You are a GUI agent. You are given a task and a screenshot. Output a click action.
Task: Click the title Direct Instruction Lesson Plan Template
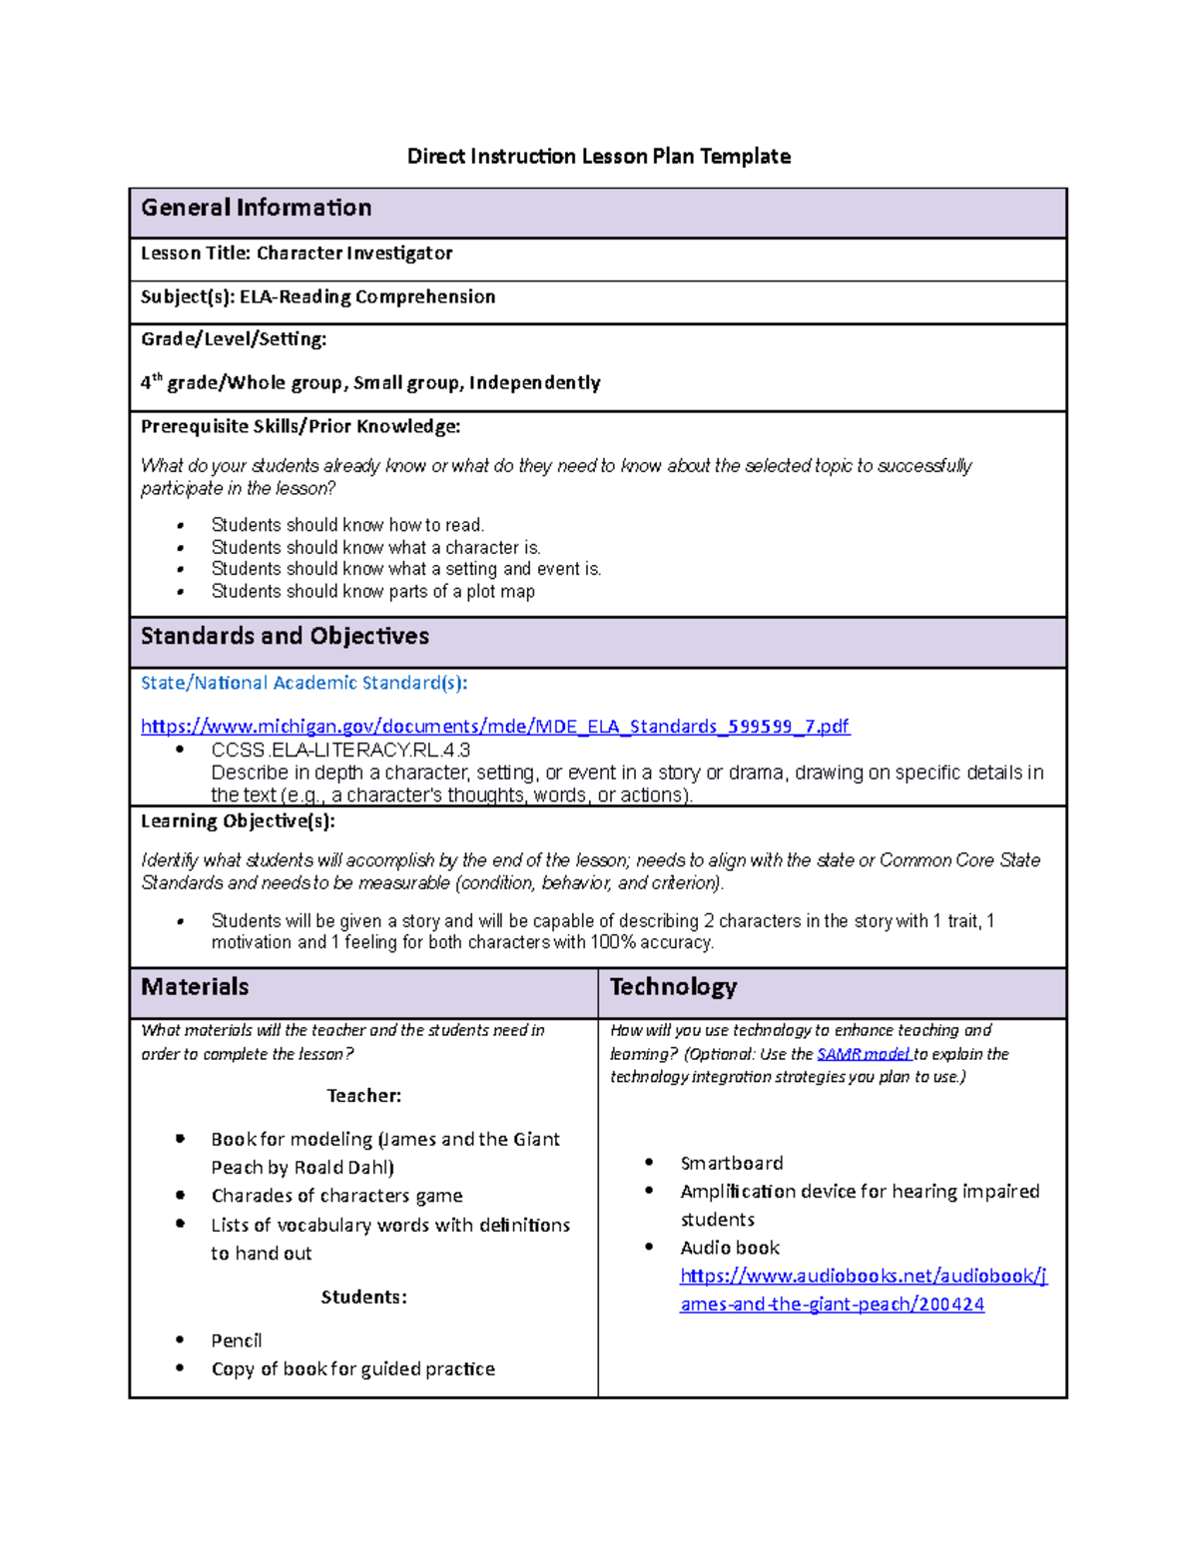pyautogui.click(x=598, y=157)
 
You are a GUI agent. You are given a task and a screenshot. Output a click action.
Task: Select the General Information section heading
pyautogui.click(x=257, y=208)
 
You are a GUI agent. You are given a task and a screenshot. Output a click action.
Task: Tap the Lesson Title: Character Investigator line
pyautogui.click(x=297, y=254)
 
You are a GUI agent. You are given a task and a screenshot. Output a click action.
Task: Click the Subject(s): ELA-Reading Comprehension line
pyautogui.click(x=317, y=297)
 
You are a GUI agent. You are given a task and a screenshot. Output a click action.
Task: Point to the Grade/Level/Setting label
pyautogui.click(x=234, y=339)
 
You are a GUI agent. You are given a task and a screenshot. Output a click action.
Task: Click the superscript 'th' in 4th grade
pyautogui.click(x=157, y=378)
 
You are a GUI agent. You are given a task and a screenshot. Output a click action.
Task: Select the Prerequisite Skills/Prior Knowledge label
pyautogui.click(x=300, y=427)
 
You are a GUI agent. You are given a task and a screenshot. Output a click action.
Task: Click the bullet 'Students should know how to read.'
pyautogui.click(x=347, y=525)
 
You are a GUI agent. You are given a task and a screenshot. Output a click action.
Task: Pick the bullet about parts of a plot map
pyautogui.click(x=372, y=592)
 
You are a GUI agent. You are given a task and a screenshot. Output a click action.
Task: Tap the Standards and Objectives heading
pyautogui.click(x=285, y=637)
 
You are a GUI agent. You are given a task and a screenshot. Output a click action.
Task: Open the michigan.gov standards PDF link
pyautogui.click(x=494, y=727)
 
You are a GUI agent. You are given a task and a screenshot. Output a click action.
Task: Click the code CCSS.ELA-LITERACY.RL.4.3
pyautogui.click(x=340, y=751)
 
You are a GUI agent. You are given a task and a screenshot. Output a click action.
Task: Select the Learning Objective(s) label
pyautogui.click(x=238, y=821)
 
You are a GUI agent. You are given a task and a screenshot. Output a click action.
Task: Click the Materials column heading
pyautogui.click(x=195, y=987)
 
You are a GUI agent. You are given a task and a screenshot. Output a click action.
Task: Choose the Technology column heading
pyautogui.click(x=673, y=987)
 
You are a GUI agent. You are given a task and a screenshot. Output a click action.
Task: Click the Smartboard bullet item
pyautogui.click(x=731, y=1164)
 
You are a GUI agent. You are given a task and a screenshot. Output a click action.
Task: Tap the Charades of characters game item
pyautogui.click(x=336, y=1196)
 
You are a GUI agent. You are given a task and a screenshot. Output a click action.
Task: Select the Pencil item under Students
pyautogui.click(x=237, y=1340)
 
